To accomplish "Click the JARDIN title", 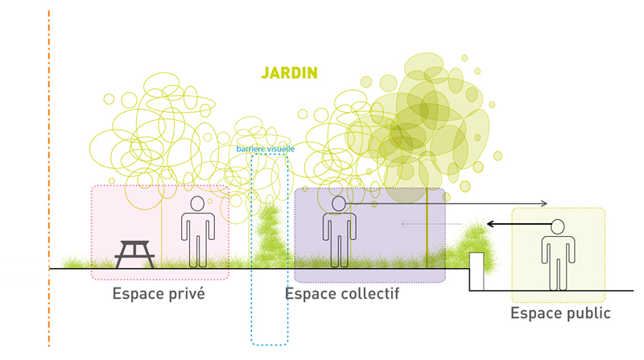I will pyautogui.click(x=289, y=72).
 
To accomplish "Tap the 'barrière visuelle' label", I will pyautogui.click(x=266, y=149).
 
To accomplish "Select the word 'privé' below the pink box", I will pyautogui.click(x=184, y=294).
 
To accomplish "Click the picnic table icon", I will pyautogui.click(x=134, y=254).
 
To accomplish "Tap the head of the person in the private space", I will pyautogui.click(x=196, y=203).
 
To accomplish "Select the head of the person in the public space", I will pyautogui.click(x=557, y=227).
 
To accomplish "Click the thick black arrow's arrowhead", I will pyautogui.click(x=491, y=224).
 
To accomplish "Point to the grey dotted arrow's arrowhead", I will pyautogui.click(x=403, y=224).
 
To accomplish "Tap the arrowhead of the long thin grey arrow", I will pyautogui.click(x=545, y=203).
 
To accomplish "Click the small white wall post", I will pyautogui.click(x=476, y=271).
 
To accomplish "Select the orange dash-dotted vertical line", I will pyautogui.click(x=49, y=177).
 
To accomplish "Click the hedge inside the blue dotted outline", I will pyautogui.click(x=270, y=234).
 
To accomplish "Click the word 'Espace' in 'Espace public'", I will pyautogui.click(x=537, y=313).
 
